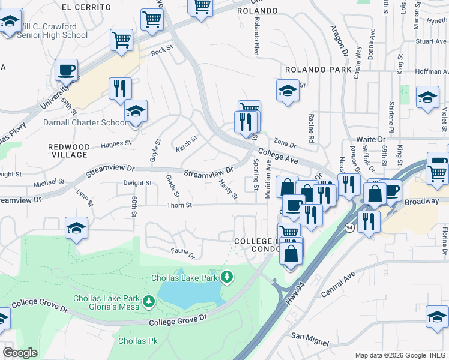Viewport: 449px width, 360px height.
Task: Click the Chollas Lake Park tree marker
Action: coord(227,277)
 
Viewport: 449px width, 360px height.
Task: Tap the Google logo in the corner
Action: coord(20,353)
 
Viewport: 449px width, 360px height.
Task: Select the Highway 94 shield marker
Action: coord(349,227)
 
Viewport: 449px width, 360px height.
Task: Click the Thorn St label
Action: coord(179,205)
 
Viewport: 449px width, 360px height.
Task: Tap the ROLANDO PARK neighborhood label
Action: coord(318,70)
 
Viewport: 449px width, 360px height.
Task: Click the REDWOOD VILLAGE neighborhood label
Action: coord(69,151)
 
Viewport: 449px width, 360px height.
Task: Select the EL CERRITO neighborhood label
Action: coord(86,7)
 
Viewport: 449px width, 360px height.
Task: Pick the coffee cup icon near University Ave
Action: coord(66,70)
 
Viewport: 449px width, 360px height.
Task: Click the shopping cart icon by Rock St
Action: coord(121,40)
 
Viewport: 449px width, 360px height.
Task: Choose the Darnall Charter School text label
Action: coord(85,122)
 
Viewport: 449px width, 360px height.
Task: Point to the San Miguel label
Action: coord(310,340)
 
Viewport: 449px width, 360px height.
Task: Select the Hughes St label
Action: coord(116,143)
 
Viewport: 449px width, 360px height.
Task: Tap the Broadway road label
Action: coord(421,202)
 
